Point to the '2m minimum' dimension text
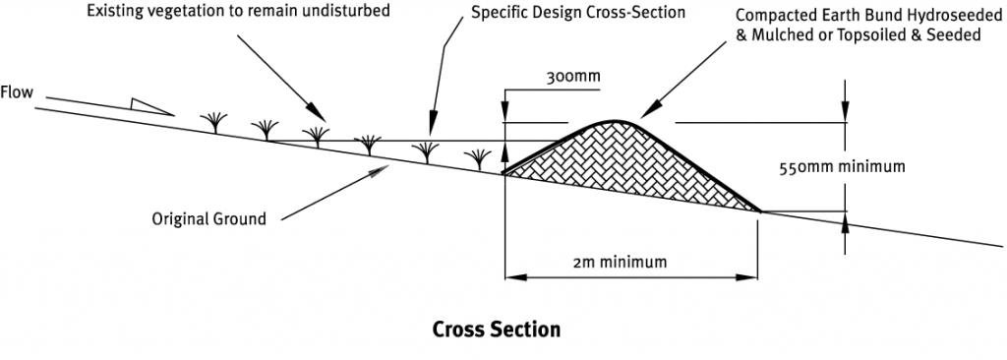[x=620, y=262]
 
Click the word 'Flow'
[x=18, y=93]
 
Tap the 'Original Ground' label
[x=208, y=218]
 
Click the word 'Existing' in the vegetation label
[x=114, y=12]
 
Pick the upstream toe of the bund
[x=505, y=174]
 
